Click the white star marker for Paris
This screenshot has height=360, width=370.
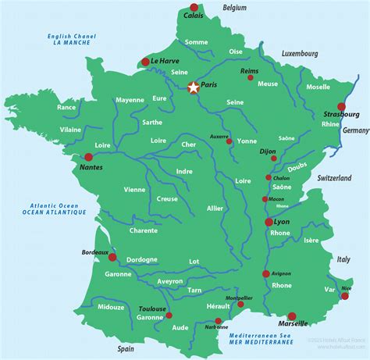click(x=193, y=88)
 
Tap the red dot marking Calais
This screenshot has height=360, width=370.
click(x=194, y=7)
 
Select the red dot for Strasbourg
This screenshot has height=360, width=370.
click(x=341, y=107)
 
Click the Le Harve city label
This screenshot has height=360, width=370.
click(x=165, y=61)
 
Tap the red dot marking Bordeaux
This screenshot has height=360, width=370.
click(x=112, y=257)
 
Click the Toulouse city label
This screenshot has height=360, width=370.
click(x=151, y=309)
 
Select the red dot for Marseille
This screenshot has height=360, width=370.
click(x=292, y=316)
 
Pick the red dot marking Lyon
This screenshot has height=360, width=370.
click(x=269, y=223)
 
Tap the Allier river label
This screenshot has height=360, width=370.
click(x=215, y=209)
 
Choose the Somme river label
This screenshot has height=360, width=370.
click(x=197, y=41)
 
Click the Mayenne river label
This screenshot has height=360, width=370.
click(x=130, y=100)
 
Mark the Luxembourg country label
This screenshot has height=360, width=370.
click(x=299, y=54)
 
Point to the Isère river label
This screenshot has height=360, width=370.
click(x=310, y=241)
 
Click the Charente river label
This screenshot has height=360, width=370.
click(x=144, y=230)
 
